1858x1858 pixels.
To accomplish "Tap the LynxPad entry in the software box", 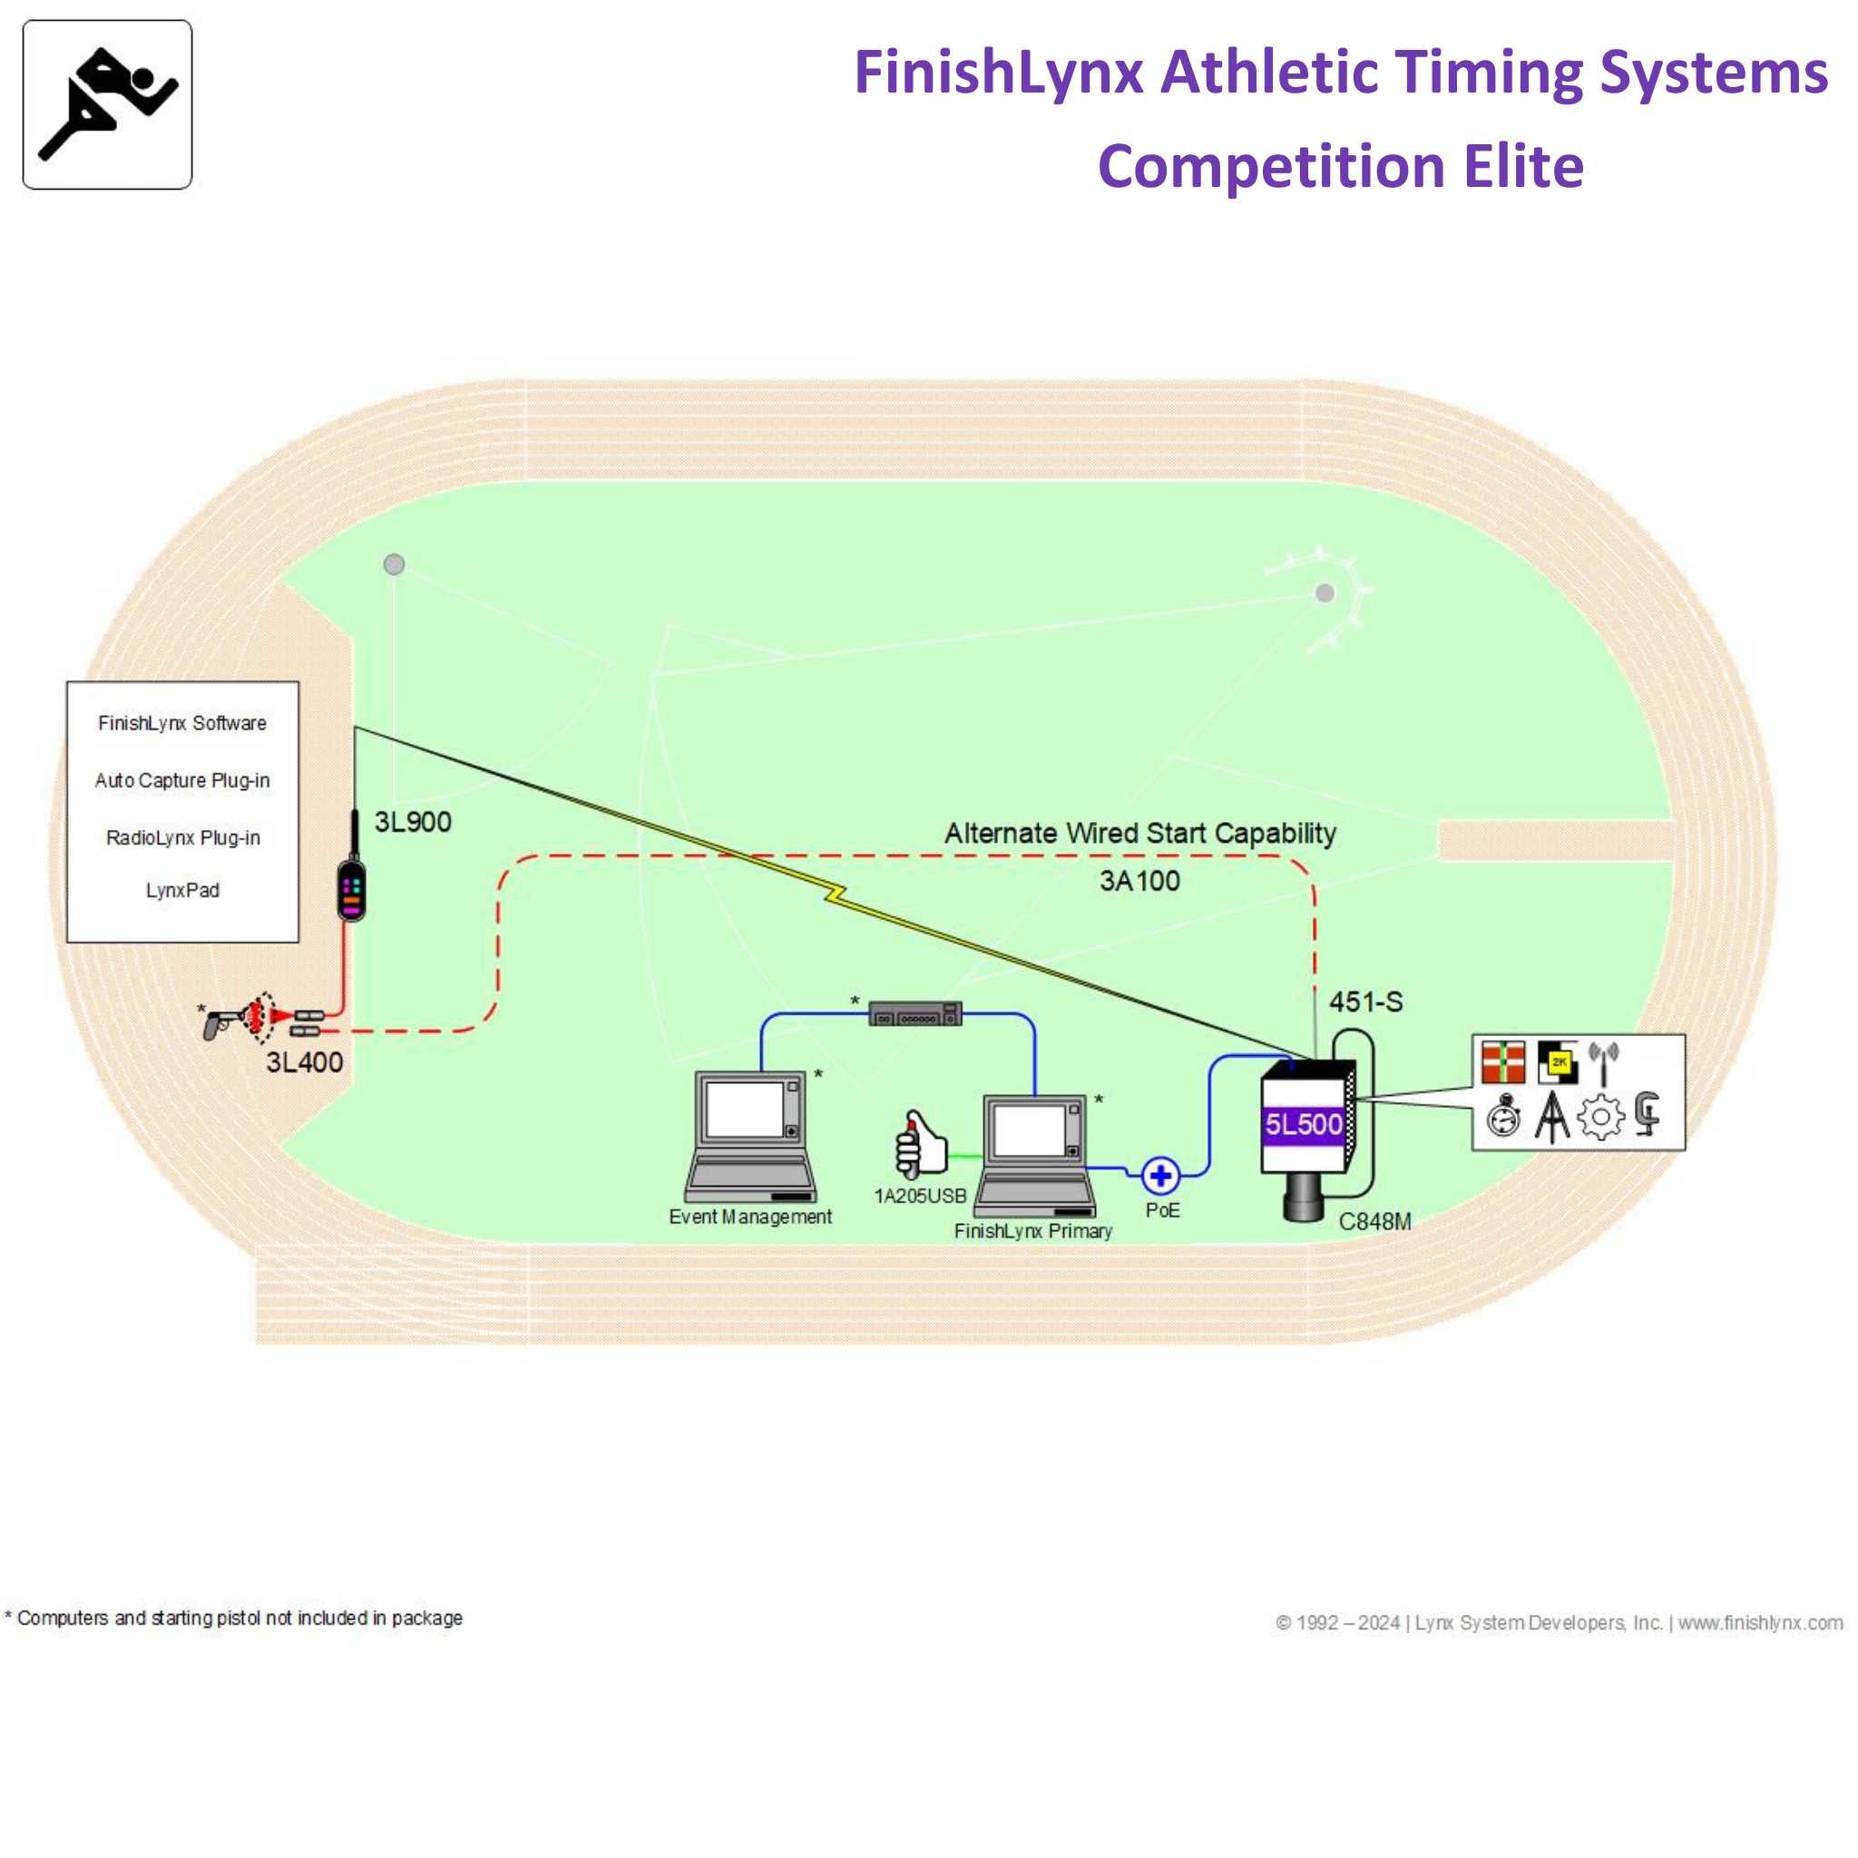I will pos(182,891).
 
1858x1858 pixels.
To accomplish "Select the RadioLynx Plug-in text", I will pos(182,837).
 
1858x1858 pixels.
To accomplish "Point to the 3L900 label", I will pos(413,822).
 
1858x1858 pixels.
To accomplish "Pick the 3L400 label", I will pos(304,1061).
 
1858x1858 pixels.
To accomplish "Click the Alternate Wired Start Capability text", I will pos(1139,833).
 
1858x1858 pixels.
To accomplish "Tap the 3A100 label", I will pos(1139,880).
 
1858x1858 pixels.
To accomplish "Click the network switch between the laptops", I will pos(914,1013).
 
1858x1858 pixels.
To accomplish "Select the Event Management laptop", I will pos(751,1135).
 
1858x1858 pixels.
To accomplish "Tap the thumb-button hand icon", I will pos(920,1144).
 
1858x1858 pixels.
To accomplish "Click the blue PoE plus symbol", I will pos(1160,1175).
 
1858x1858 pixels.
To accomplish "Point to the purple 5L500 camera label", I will pos(1303,1124).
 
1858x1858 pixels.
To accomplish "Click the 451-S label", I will pos(1365,1002).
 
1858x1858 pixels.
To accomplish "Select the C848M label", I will pos(1375,1221).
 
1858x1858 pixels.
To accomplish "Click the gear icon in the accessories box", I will pos(1600,1118).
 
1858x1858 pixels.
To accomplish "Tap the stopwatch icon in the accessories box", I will pos(1503,1118).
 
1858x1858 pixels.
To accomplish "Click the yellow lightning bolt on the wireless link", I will pos(836,895).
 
